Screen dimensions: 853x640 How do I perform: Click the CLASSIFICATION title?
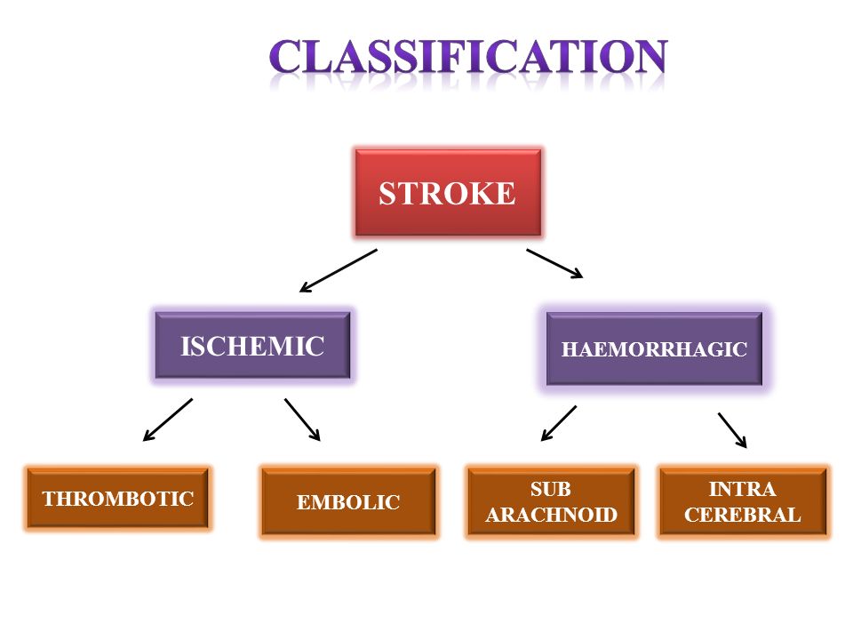tap(468, 56)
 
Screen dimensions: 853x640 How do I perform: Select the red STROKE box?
tap(448, 193)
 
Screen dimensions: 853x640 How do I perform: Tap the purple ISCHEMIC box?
tap(252, 346)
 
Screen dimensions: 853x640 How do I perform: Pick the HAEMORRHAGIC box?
tap(654, 348)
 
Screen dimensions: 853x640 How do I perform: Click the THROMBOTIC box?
tap(117, 498)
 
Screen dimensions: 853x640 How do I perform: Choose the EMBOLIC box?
tap(348, 501)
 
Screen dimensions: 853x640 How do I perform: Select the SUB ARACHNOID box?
tap(551, 501)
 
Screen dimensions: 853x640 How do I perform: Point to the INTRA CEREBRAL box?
tap(743, 501)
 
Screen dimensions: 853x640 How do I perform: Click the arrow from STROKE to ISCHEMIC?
tap(338, 271)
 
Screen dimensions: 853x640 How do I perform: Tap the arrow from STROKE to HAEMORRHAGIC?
tap(554, 264)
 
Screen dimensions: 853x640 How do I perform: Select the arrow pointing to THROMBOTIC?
tap(168, 420)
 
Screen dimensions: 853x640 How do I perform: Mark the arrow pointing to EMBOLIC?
tap(302, 420)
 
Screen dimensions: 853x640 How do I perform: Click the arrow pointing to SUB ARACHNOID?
tap(559, 423)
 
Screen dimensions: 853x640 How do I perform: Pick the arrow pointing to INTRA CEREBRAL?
tap(732, 430)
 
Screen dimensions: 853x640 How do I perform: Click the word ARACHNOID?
tap(551, 515)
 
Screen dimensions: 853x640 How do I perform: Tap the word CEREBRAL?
tap(743, 515)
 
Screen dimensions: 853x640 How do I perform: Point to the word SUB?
tap(551, 489)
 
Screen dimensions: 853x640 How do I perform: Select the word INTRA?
tap(742, 489)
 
